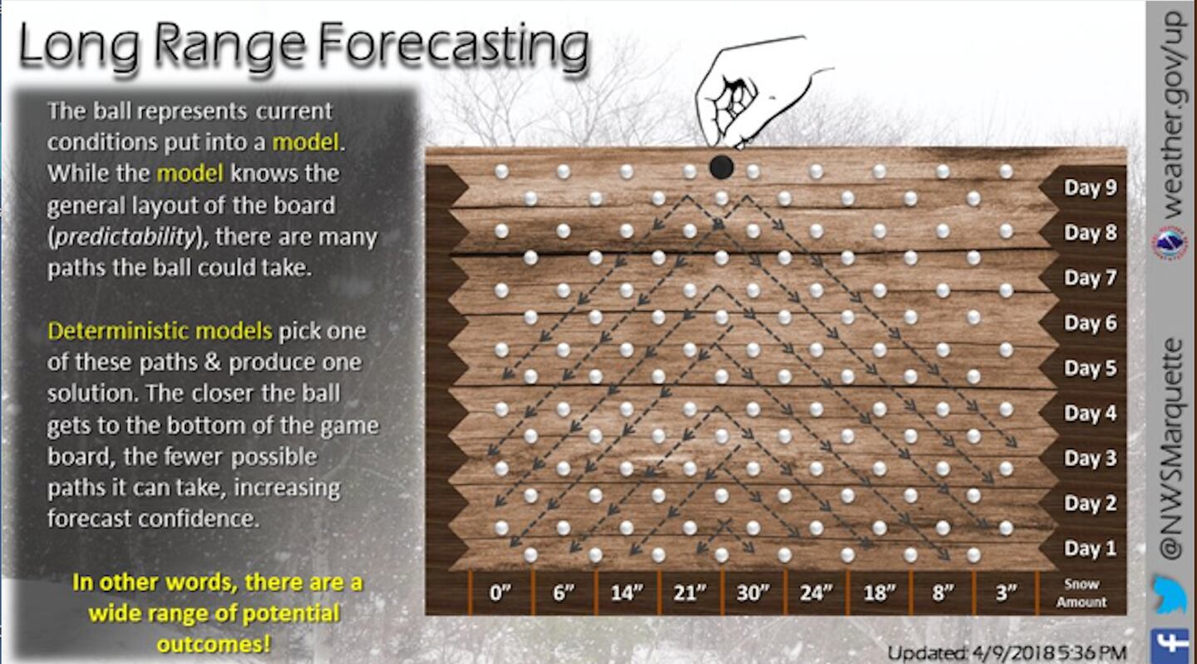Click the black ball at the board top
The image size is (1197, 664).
722,167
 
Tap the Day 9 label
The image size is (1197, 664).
1090,187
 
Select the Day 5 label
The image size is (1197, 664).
1090,368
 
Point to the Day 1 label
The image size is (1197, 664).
1090,548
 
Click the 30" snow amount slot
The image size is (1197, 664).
753,592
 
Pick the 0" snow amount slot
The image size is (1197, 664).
500,592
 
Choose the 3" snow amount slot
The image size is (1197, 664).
1006,592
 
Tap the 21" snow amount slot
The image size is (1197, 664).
690,592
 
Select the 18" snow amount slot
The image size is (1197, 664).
879,592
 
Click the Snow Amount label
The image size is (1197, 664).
1081,592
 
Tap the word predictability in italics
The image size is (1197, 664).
126,237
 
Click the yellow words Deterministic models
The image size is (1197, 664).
160,331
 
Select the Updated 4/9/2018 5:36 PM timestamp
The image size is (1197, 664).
1007,652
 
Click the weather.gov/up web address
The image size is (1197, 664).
1173,115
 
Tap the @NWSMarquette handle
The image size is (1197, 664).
1172,449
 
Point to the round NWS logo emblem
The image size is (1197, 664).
1170,244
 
